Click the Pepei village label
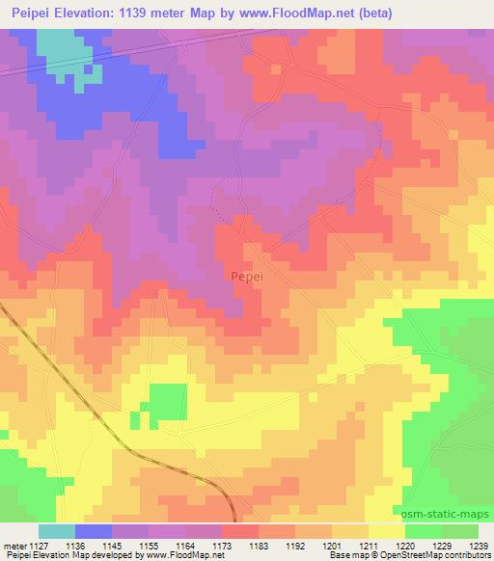click(x=248, y=275)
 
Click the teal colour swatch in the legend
click(x=57, y=531)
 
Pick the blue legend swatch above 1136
click(x=94, y=531)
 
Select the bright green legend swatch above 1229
click(x=424, y=531)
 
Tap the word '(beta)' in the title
click(x=370, y=12)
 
